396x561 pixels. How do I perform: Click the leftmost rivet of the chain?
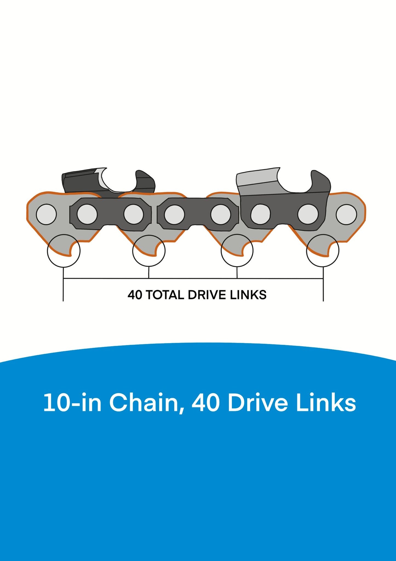pyautogui.click(x=46, y=214)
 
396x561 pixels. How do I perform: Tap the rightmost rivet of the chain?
pyautogui.click(x=346, y=214)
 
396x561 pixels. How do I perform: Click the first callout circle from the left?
pyautogui.click(x=64, y=251)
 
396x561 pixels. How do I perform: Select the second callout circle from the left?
pyautogui.click(x=149, y=251)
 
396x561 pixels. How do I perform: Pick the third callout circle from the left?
pyautogui.click(x=237, y=250)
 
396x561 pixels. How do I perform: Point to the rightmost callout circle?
pyautogui.click(x=323, y=250)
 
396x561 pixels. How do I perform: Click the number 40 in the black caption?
pyautogui.click(x=135, y=295)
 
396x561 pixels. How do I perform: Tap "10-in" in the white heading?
pyautogui.click(x=73, y=403)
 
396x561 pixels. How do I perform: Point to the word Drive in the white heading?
pyautogui.click(x=258, y=403)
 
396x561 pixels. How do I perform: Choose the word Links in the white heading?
pyautogui.click(x=326, y=403)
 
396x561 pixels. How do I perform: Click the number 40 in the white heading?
pyautogui.click(x=206, y=403)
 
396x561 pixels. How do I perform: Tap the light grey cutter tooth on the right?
pyautogui.click(x=259, y=181)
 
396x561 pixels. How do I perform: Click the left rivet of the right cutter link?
pyautogui.click(x=260, y=214)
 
